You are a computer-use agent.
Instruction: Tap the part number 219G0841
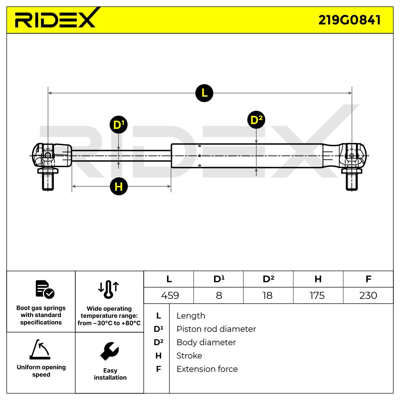click(349, 20)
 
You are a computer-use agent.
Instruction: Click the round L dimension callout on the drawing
click(204, 93)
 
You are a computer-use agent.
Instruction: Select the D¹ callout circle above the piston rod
click(119, 125)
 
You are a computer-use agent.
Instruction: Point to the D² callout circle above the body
click(256, 120)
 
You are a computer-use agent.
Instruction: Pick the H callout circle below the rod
click(119, 186)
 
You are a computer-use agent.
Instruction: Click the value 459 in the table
click(170, 296)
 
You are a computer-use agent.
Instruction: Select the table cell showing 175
click(317, 296)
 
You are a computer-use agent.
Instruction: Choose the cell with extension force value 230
click(368, 296)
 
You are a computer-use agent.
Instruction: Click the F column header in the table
click(368, 279)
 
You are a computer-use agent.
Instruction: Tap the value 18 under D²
click(267, 296)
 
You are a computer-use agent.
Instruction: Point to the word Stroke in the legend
click(189, 356)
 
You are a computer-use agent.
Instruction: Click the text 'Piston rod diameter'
click(216, 329)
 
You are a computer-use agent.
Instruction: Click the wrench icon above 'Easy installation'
click(110, 351)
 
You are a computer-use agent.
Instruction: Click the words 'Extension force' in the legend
click(207, 369)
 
